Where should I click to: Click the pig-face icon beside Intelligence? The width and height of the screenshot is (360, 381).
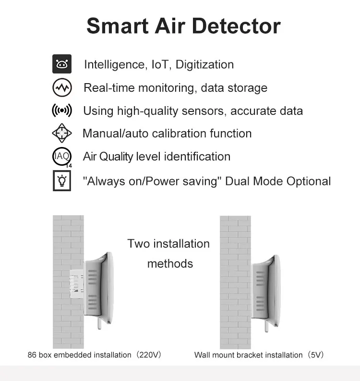[x=61, y=64]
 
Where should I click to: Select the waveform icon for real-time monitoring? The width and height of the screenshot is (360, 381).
[x=61, y=88]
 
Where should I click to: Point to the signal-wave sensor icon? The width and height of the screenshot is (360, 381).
[x=61, y=111]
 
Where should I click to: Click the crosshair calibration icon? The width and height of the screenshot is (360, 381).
[x=61, y=133]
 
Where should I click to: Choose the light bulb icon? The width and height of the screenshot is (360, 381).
[x=61, y=181]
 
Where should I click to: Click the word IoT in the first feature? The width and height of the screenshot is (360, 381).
[x=160, y=64]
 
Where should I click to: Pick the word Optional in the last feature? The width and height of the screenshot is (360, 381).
[x=309, y=181]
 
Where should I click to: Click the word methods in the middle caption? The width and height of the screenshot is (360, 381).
[x=170, y=263]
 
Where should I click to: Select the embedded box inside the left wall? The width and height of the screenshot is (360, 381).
[x=77, y=286]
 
